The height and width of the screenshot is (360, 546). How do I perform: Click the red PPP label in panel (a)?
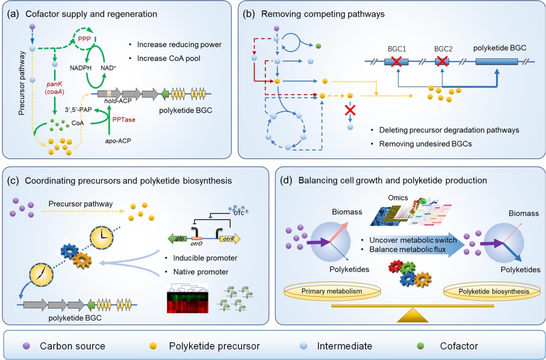pyautogui.click(x=84, y=39)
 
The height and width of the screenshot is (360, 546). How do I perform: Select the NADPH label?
pyautogui.click(x=81, y=68)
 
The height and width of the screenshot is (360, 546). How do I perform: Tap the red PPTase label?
pyautogui.click(x=124, y=120)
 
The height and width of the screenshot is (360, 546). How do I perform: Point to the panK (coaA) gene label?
pyautogui.click(x=54, y=88)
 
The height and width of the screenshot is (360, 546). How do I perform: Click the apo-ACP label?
pyautogui.click(x=118, y=141)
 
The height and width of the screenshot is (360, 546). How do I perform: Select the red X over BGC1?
pyautogui.click(x=396, y=62)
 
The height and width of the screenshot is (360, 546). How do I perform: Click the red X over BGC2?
pyautogui.click(x=442, y=61)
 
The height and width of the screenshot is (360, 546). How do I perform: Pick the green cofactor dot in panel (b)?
pyautogui.click(x=318, y=46)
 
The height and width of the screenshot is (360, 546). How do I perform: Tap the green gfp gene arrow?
pyautogui.click(x=178, y=239)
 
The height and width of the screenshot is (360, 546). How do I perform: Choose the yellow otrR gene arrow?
pyautogui.click(x=230, y=239)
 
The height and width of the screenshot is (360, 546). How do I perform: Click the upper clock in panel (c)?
pyautogui.click(x=101, y=237)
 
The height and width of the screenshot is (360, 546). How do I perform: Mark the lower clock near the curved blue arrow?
pyautogui.click(x=41, y=274)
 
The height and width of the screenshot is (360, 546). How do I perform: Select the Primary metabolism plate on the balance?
pyautogui.click(x=332, y=291)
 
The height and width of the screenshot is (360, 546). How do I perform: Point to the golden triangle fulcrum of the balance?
pyautogui.click(x=412, y=315)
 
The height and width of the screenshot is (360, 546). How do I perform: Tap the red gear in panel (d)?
pyautogui.click(x=395, y=266)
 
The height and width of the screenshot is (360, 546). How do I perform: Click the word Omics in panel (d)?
pyautogui.click(x=398, y=197)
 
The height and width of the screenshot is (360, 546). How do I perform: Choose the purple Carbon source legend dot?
pyautogui.click(x=26, y=346)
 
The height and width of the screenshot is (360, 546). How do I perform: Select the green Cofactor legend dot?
pyautogui.click(x=420, y=346)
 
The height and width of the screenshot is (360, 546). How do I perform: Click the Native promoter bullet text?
pyautogui.click(x=201, y=272)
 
